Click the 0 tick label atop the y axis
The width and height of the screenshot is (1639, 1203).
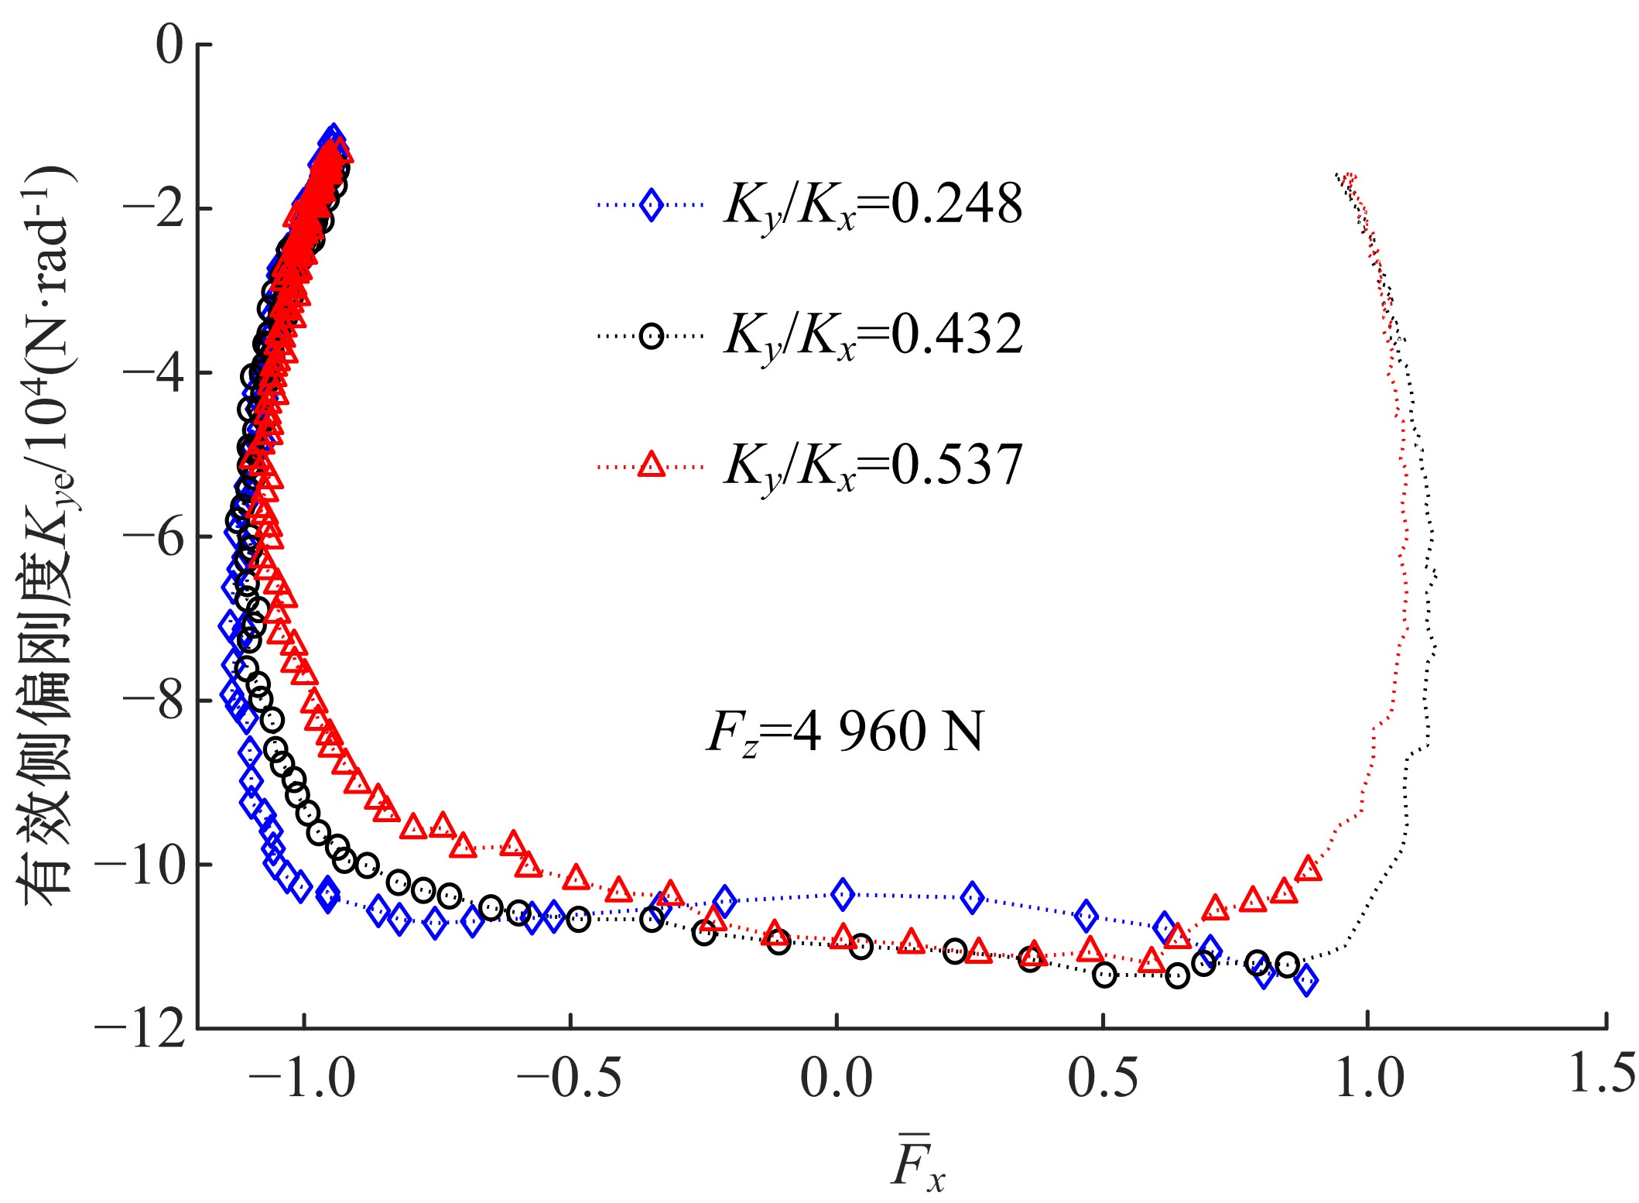coord(169,45)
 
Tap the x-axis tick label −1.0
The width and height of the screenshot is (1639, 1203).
coord(303,1078)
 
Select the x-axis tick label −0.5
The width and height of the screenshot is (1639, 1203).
coord(570,1078)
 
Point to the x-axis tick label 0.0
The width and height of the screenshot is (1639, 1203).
coord(836,1078)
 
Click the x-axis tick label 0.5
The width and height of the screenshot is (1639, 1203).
coord(1103,1078)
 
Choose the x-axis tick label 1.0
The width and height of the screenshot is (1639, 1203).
coord(1369,1078)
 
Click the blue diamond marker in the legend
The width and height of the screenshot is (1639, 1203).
coord(652,205)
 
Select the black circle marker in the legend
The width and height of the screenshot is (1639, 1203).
coord(652,336)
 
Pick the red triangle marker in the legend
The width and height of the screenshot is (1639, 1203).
coord(652,465)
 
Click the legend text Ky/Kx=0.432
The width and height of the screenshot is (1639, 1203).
coord(873,336)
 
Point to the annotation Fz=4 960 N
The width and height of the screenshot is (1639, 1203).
coord(844,732)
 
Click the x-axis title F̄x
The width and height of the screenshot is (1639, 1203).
coord(917,1167)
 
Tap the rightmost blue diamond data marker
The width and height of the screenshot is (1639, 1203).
coord(1306,980)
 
